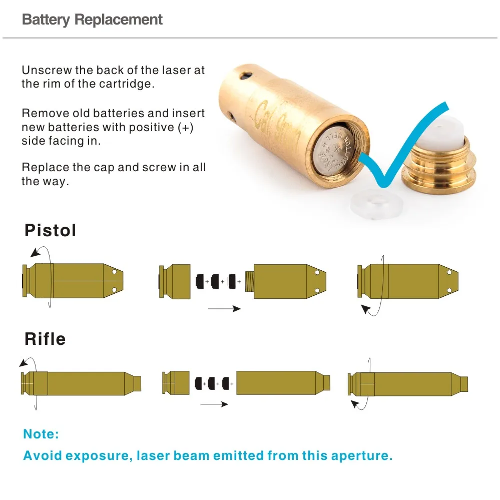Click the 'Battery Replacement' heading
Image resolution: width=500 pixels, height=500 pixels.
pyautogui.click(x=93, y=20)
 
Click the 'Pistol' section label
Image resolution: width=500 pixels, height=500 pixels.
pyautogui.click(x=51, y=231)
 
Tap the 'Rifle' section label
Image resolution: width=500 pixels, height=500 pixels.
pyautogui.click(x=45, y=339)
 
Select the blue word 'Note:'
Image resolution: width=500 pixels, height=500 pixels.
pyautogui.click(x=41, y=434)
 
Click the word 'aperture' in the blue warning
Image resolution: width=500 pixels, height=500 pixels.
pyautogui.click(x=357, y=456)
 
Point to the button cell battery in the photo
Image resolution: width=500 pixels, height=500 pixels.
pyautogui.click(x=338, y=150)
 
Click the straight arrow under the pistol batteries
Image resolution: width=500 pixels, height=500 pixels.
pyautogui.click(x=224, y=309)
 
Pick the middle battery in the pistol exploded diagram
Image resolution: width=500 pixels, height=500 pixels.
pyautogui.click(x=217, y=281)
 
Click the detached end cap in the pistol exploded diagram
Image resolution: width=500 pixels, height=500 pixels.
pyautogui.click(x=174, y=282)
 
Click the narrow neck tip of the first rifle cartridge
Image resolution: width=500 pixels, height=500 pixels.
pyautogui.click(x=137, y=383)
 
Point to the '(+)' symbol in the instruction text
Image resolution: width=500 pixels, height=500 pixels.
pyautogui.click(x=186, y=127)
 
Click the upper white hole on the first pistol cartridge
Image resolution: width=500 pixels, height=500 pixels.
pyautogui.click(x=114, y=272)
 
